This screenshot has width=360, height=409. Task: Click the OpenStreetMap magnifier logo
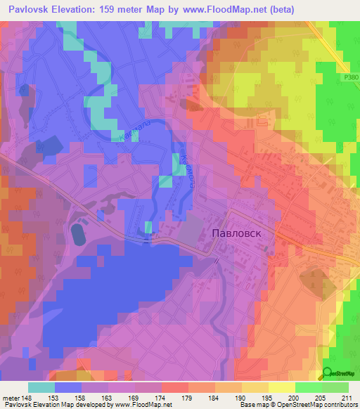[x=329, y=374]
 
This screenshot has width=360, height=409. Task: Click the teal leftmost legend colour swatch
[x=41, y=387]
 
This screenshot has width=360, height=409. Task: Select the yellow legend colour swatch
[x=282, y=387]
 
